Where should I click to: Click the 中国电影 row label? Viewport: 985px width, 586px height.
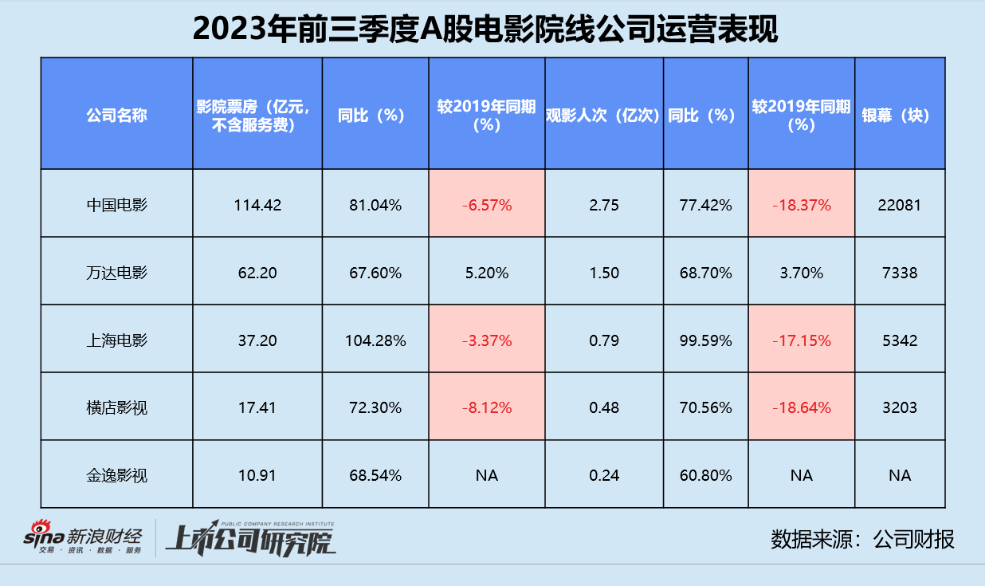[116, 205]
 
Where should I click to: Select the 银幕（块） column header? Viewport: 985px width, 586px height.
[900, 115]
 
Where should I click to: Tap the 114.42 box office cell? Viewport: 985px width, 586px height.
[257, 205]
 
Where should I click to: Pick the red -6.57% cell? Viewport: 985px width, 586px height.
[486, 205]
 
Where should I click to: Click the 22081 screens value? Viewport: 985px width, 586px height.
[900, 205]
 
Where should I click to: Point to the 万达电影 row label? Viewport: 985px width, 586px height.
[116, 273]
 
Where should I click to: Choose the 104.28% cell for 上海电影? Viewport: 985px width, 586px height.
[375, 340]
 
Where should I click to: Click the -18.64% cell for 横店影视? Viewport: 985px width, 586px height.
[801, 408]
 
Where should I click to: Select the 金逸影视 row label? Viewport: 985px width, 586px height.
[116, 476]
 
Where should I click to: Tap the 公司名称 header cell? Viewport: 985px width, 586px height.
[116, 115]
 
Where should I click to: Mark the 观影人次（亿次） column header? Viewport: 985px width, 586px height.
[604, 115]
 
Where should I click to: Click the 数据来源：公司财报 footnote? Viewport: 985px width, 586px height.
[862, 540]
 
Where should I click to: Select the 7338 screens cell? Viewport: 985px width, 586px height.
[900, 273]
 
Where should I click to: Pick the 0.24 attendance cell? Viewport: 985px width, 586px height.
[604, 476]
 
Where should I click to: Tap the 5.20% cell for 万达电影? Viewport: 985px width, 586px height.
[486, 273]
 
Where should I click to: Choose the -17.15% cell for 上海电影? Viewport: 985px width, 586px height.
[801, 340]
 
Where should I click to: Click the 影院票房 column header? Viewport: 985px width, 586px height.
[257, 115]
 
